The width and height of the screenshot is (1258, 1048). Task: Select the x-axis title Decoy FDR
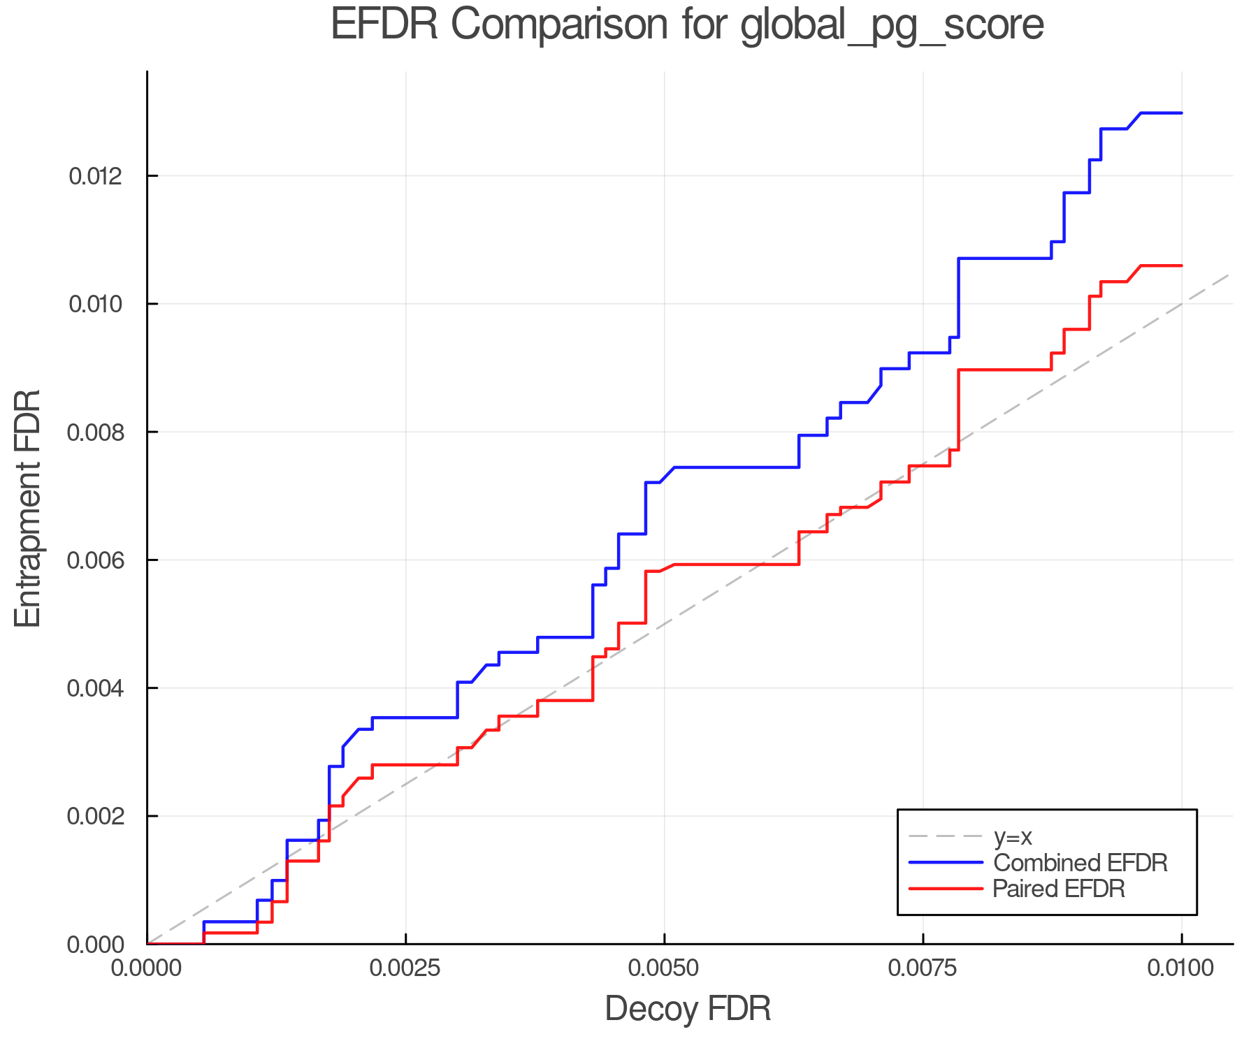tap(688, 1009)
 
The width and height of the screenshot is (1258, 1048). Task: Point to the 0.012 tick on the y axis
tap(96, 176)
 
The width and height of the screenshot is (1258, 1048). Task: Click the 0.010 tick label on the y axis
tap(96, 304)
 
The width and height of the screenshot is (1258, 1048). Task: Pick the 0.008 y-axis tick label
tap(96, 432)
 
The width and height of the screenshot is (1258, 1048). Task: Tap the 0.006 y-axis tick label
tap(96, 560)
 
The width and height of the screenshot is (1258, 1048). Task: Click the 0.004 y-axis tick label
tap(96, 688)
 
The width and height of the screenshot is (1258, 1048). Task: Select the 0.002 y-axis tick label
tap(96, 816)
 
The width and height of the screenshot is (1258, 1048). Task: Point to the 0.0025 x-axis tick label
tap(405, 968)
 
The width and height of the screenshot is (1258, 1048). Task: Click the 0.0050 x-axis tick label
tap(664, 968)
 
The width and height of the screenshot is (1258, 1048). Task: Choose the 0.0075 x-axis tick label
tap(923, 968)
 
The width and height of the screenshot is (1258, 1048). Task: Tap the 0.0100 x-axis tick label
tap(1181, 968)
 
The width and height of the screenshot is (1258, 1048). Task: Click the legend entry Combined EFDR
tap(1080, 863)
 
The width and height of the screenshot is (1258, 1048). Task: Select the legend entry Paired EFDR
tap(1059, 889)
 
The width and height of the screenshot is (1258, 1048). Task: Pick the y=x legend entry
tap(1013, 836)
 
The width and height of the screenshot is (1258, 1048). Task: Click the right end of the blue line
tap(1181, 112)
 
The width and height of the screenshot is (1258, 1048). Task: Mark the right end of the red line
tap(1181, 265)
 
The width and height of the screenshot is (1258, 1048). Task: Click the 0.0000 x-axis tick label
tap(147, 968)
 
